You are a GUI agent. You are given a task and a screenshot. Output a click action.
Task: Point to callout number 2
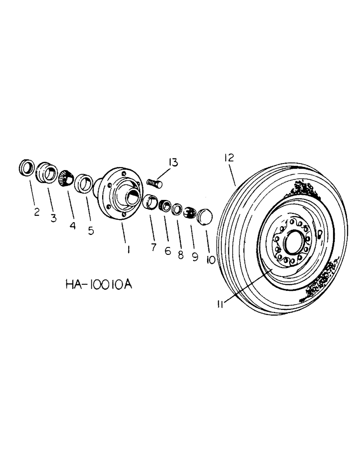[36, 213]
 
